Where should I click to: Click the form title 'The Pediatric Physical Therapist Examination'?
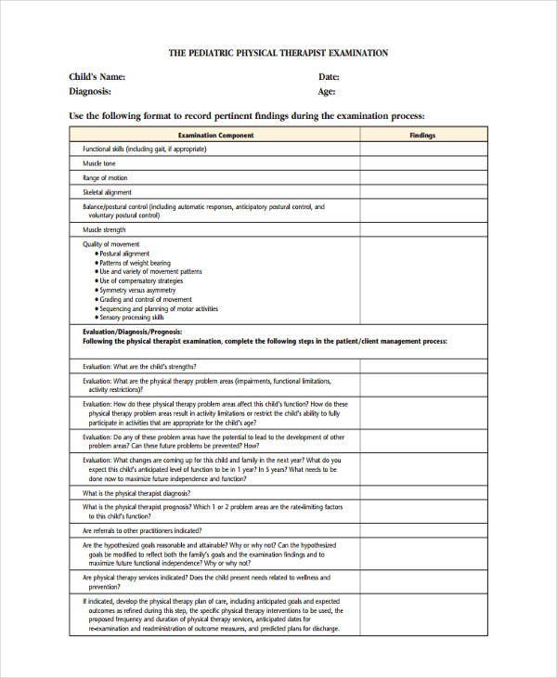click(x=278, y=54)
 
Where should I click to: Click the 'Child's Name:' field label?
click(x=97, y=77)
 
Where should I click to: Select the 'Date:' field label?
click(x=329, y=77)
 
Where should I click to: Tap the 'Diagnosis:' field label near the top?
click(x=90, y=92)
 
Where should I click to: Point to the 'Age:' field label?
click(x=326, y=92)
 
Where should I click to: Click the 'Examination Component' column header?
click(x=215, y=136)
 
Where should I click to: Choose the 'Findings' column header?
click(x=422, y=136)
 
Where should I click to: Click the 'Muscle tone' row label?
click(x=99, y=163)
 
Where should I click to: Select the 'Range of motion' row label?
click(x=105, y=177)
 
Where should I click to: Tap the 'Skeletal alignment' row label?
click(x=108, y=192)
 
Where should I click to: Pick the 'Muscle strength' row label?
click(x=104, y=229)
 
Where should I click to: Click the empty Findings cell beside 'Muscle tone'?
click(x=422, y=163)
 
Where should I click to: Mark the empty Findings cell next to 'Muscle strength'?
click(x=422, y=229)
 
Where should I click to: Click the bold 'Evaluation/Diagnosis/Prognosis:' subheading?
click(x=133, y=332)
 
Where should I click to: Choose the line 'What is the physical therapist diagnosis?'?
click(x=144, y=493)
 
